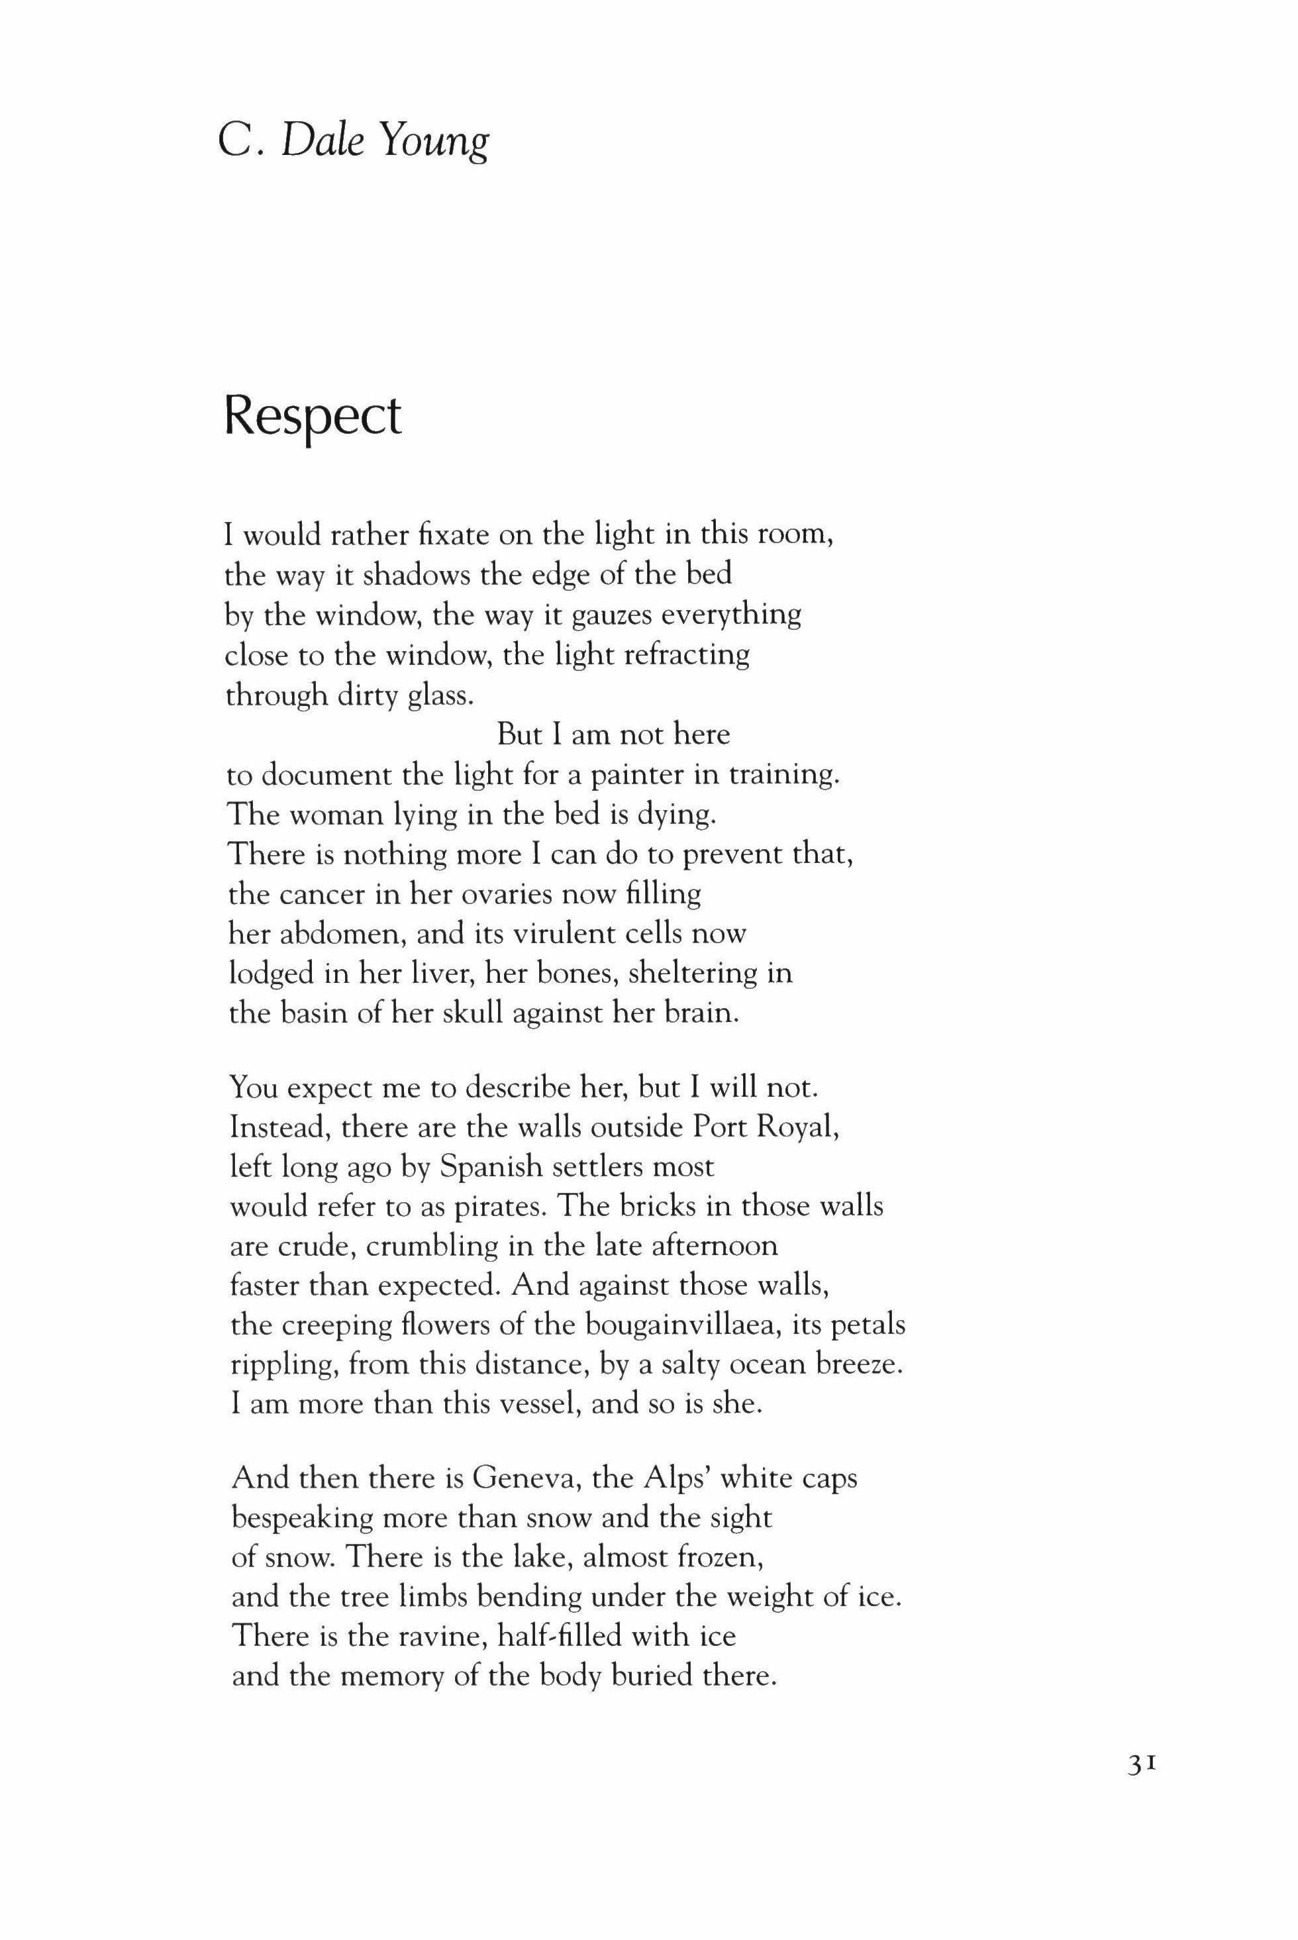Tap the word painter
611,775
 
